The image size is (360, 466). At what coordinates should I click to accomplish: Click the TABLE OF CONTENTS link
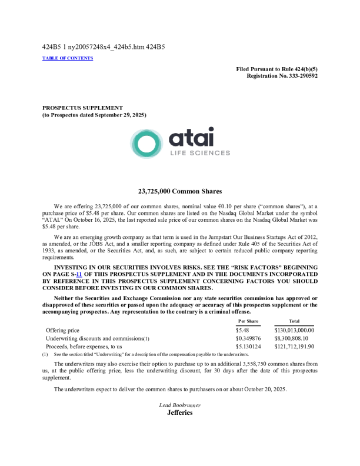68,58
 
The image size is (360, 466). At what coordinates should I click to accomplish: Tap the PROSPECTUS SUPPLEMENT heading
82,108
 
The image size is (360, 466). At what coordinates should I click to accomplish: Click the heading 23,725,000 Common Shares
180,191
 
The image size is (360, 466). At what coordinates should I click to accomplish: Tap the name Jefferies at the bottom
180,412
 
